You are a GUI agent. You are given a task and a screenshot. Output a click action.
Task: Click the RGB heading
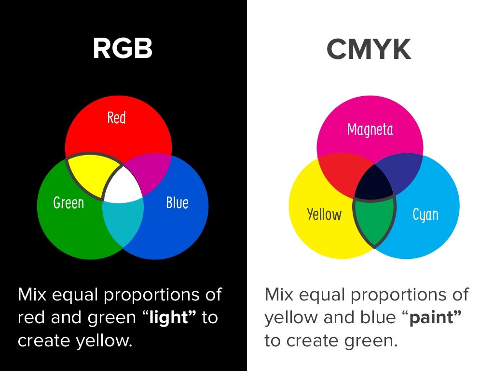tap(123, 49)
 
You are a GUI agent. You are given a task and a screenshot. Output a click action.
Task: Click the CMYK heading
tap(369, 49)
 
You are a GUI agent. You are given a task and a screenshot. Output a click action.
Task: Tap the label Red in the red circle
tap(116, 117)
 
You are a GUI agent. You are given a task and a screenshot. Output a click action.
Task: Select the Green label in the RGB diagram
tap(69, 202)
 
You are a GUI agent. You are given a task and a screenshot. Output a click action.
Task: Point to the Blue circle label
tap(177, 202)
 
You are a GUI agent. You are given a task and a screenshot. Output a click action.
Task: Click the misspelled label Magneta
tap(370, 129)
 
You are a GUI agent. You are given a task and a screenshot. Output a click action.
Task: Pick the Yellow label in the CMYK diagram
tap(324, 214)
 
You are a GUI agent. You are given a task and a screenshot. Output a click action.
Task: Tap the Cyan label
tap(425, 214)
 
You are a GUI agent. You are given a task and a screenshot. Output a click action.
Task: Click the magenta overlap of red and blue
tap(152, 171)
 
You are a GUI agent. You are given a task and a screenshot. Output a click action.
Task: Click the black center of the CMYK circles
tap(375, 183)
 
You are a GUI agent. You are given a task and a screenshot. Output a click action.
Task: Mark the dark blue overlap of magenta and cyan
tap(403, 171)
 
